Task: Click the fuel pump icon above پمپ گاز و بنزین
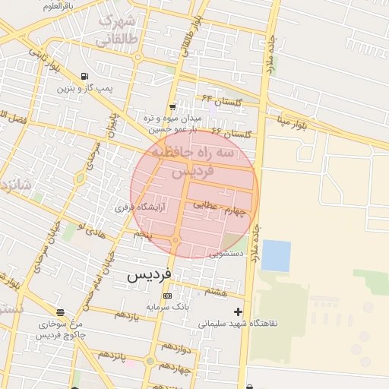tap(84, 77)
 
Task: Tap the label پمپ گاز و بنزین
tap(84, 89)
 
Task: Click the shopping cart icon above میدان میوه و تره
tap(173, 107)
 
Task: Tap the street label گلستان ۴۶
tap(230, 132)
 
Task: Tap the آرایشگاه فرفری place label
tap(134, 207)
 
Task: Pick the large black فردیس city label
tap(149, 274)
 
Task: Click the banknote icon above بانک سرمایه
tap(167, 296)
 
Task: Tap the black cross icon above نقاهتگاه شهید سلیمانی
tap(239, 312)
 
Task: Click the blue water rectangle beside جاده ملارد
tap(276, 255)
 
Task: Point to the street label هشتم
tap(216, 291)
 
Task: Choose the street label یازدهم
tap(125, 315)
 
